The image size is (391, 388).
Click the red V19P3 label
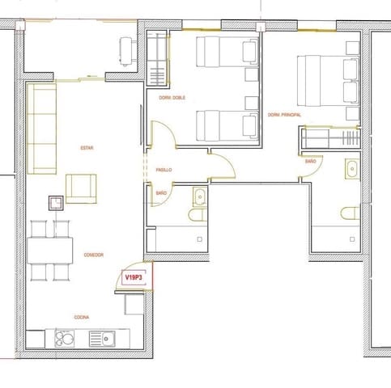[134, 277]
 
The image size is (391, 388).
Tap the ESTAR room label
[87, 149]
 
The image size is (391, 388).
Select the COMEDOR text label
[94, 255]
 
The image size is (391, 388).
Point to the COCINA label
[81, 318]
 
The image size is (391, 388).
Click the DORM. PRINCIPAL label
[284, 116]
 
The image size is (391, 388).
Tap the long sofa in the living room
[42, 129]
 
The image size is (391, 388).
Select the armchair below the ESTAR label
[81, 188]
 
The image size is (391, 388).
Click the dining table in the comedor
[49, 251]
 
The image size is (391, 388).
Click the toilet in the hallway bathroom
[198, 216]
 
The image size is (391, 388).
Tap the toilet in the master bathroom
[349, 213]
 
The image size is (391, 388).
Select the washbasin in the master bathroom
[351, 170]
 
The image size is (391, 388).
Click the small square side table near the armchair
[56, 203]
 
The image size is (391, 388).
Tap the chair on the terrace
[127, 50]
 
